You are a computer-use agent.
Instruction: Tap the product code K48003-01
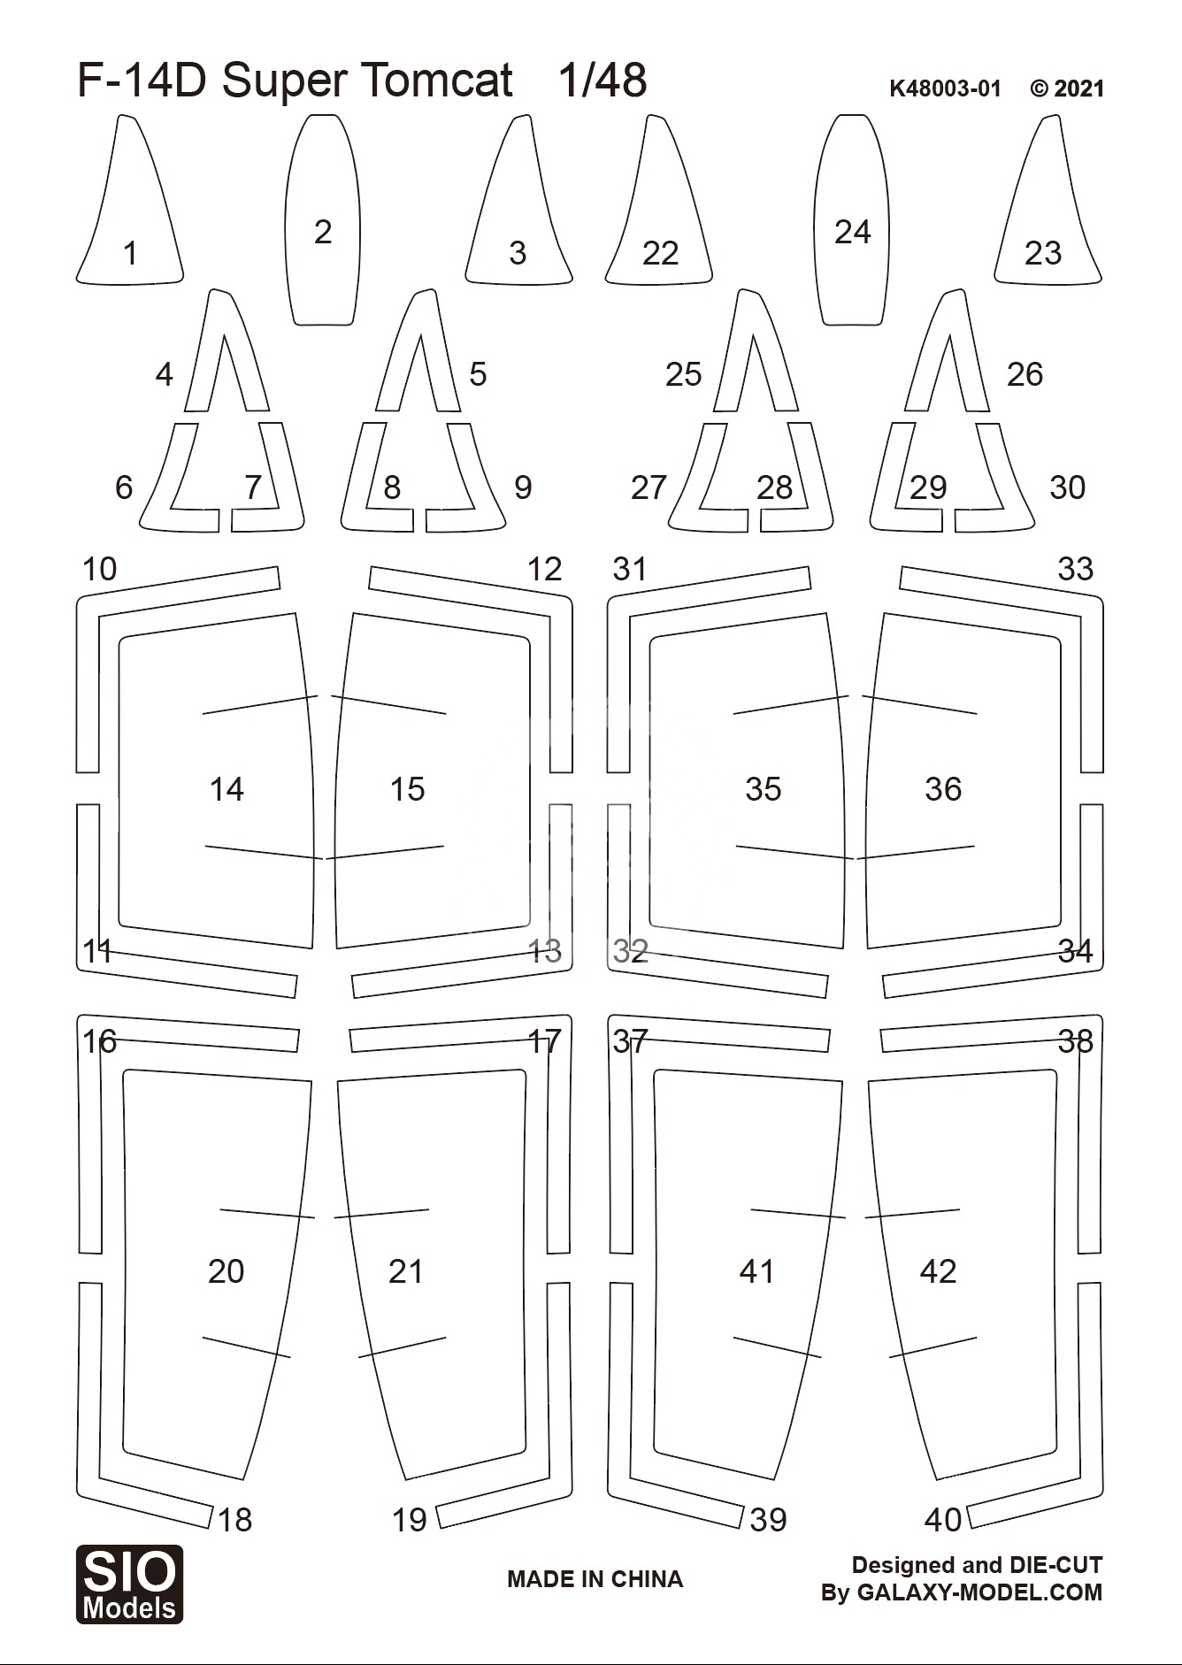pyautogui.click(x=945, y=88)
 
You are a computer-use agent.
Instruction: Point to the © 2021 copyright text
pyautogui.click(x=1067, y=88)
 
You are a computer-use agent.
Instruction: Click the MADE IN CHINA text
pyautogui.click(x=595, y=1579)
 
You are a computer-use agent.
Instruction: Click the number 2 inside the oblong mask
pyautogui.click(x=323, y=232)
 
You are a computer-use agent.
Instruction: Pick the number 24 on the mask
pyautogui.click(x=853, y=232)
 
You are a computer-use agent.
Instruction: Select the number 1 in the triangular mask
pyautogui.click(x=131, y=253)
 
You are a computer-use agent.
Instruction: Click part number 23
pyautogui.click(x=1043, y=253)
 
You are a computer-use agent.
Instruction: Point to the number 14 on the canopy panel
pyautogui.click(x=226, y=789)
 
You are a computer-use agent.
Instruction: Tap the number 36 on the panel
pyautogui.click(x=943, y=789)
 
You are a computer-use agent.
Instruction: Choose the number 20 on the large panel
pyautogui.click(x=226, y=1271)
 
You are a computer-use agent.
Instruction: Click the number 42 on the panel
pyautogui.click(x=938, y=1271)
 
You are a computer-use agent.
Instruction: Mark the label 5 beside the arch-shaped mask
pyautogui.click(x=478, y=374)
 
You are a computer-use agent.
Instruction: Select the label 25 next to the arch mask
pyautogui.click(x=684, y=374)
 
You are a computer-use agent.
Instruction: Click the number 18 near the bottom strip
pyautogui.click(x=234, y=1520)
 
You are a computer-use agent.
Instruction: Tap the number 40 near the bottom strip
pyautogui.click(x=943, y=1520)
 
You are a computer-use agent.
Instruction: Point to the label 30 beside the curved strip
pyautogui.click(x=1067, y=487)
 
